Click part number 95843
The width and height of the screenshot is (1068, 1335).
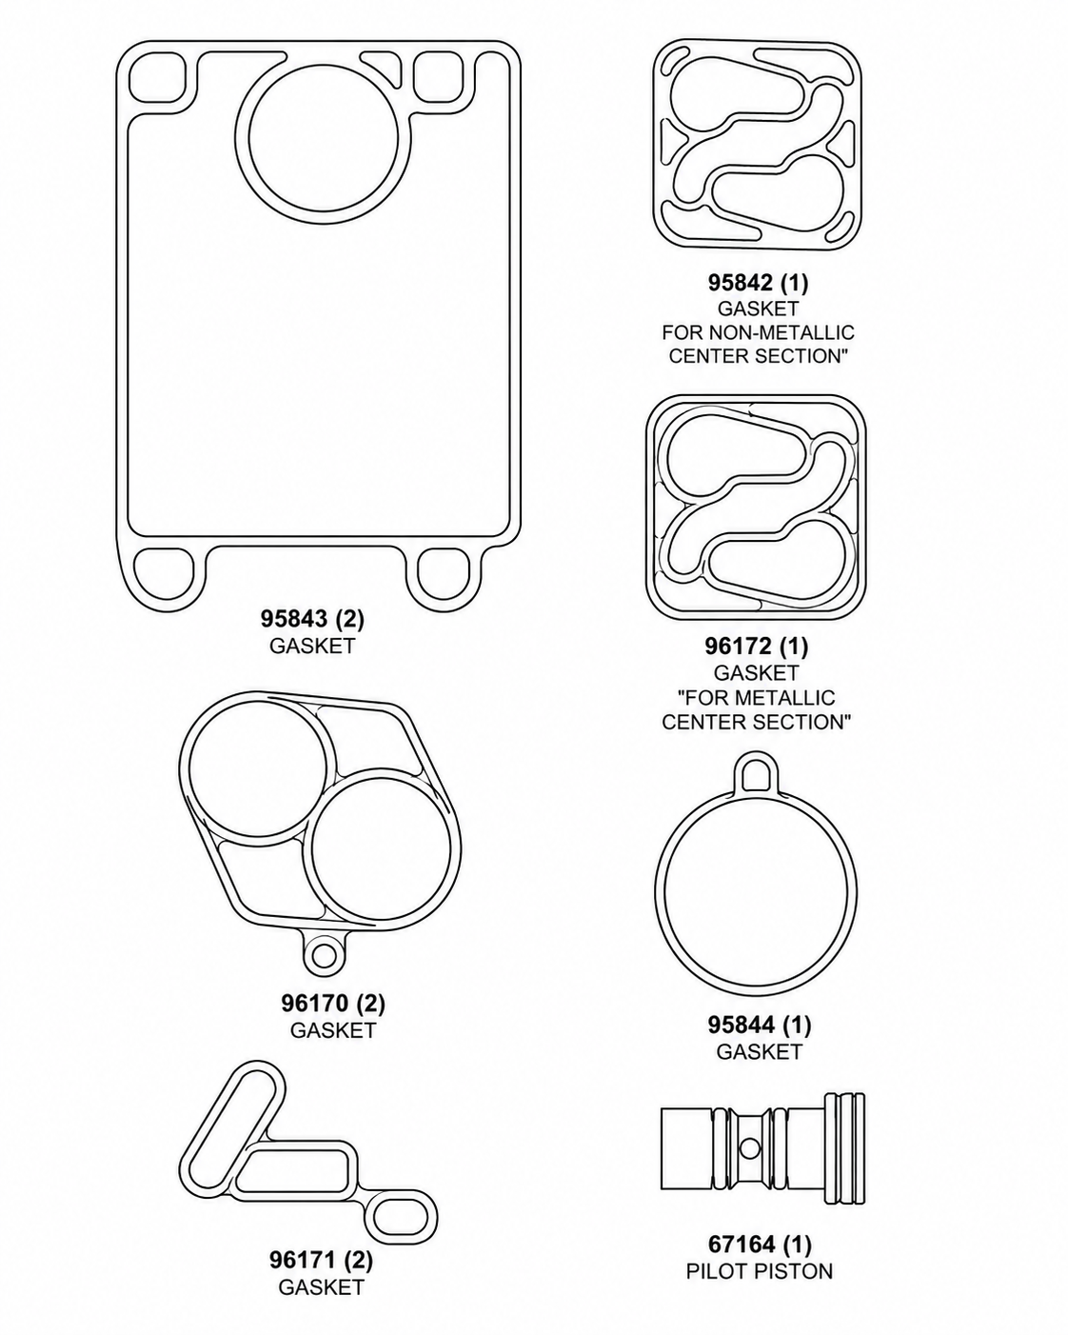[x=294, y=619]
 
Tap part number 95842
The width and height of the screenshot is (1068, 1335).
[x=741, y=283]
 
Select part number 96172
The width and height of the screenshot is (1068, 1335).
[x=738, y=647]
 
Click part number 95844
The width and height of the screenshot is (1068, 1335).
[x=742, y=1026]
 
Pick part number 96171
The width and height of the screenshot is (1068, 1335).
[x=304, y=1260]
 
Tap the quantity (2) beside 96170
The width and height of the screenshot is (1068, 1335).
[x=371, y=1003]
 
